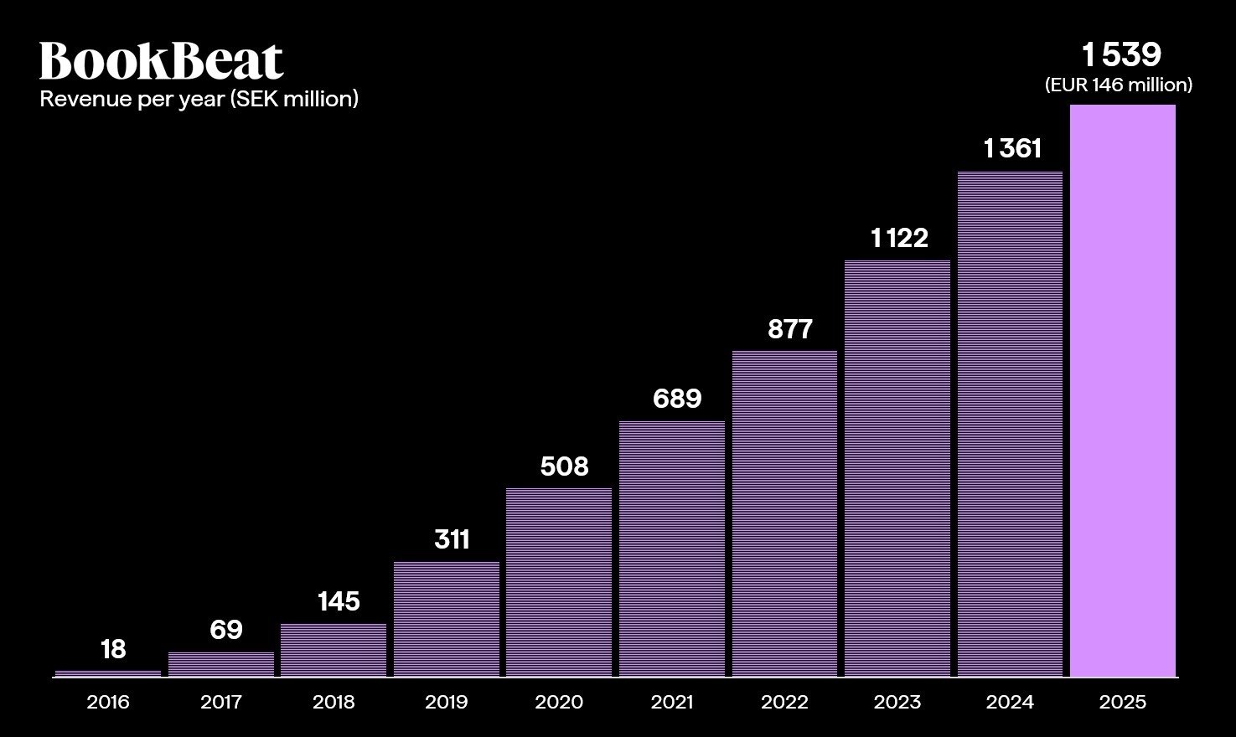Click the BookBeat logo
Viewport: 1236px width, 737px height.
coord(161,61)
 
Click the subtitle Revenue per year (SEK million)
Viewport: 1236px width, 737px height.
coord(199,99)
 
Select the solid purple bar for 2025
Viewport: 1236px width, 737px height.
coord(1123,390)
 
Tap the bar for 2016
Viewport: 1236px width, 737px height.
coord(108,673)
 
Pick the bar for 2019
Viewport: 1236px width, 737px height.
coord(447,619)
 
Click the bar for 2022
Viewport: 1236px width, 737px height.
coord(784,513)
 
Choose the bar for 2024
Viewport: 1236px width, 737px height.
coord(1010,424)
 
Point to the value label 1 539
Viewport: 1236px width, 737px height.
coord(1121,55)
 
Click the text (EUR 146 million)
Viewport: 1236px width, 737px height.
coord(1119,85)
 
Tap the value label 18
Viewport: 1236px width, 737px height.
coord(113,649)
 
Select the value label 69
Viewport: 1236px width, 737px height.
coord(225,630)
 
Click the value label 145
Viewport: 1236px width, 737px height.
coord(339,601)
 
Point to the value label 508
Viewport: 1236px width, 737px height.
coord(564,466)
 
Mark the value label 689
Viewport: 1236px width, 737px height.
coord(677,398)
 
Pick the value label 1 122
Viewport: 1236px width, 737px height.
coord(899,239)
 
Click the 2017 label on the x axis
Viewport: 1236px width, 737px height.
coord(221,702)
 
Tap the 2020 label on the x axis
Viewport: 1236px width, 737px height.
coord(559,702)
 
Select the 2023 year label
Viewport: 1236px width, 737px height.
coord(897,702)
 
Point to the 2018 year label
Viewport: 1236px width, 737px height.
coord(334,702)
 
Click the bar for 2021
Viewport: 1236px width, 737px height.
coord(672,549)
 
